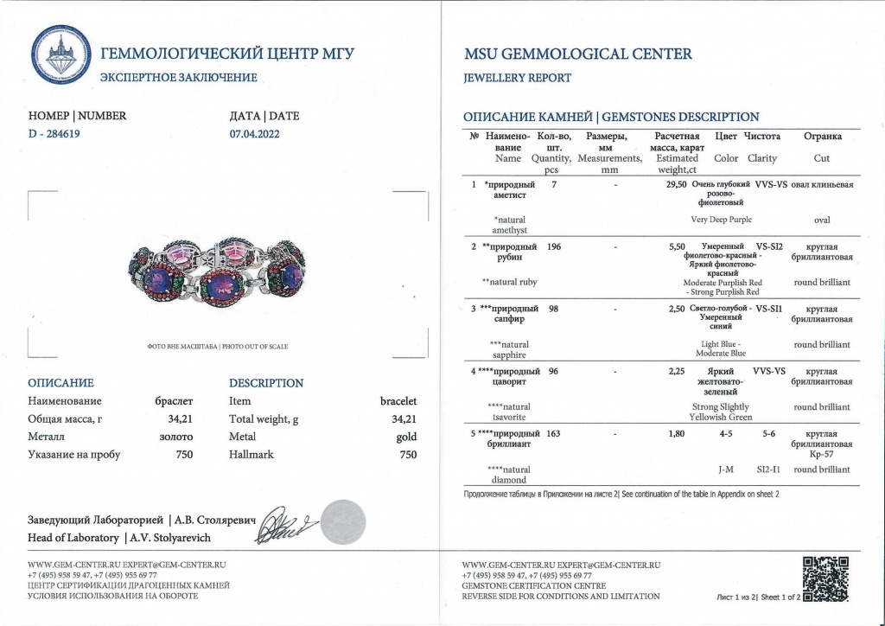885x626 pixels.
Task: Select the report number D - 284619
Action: pyautogui.click(x=60, y=134)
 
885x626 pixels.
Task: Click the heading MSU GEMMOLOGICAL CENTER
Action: pyautogui.click(x=577, y=54)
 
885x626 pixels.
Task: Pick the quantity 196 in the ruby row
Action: pyautogui.click(x=554, y=246)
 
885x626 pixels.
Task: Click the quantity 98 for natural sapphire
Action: pyautogui.click(x=554, y=309)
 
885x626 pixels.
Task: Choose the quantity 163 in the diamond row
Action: pyautogui.click(x=554, y=433)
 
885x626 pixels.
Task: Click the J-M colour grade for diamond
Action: pyautogui.click(x=726, y=469)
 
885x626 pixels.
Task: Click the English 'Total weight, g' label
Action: pyautogui.click(x=264, y=419)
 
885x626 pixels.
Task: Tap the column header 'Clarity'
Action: pyautogui.click(x=761, y=158)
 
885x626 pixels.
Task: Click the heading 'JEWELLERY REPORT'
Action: pyautogui.click(x=518, y=78)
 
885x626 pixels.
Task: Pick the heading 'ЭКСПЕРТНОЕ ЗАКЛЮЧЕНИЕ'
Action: pyautogui.click(x=179, y=78)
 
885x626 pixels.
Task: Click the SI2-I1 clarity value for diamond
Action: pyautogui.click(x=767, y=469)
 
